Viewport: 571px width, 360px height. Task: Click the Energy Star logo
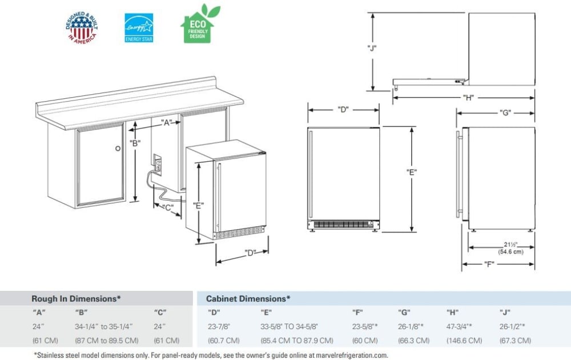pos(139,27)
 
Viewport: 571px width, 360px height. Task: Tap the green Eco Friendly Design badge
pos(197,25)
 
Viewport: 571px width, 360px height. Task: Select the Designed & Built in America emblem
pos(82,27)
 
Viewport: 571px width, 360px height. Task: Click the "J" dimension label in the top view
pos(372,48)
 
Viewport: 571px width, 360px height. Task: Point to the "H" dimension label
pos(468,98)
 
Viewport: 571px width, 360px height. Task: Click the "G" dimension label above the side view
pos(504,113)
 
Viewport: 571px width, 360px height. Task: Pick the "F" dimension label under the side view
pos(488,264)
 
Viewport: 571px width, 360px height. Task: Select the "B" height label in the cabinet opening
pos(135,143)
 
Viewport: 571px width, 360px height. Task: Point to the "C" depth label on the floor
pos(168,208)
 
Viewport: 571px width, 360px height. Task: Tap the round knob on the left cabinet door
pos(118,148)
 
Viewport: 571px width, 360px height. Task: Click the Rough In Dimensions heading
pos(76,298)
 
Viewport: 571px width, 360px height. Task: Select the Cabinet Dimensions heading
pos(248,298)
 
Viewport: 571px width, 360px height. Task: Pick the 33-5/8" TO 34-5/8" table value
pos(289,326)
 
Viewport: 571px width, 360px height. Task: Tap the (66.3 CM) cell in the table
pos(414,341)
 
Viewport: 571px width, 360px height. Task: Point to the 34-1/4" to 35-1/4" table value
pos(104,326)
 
